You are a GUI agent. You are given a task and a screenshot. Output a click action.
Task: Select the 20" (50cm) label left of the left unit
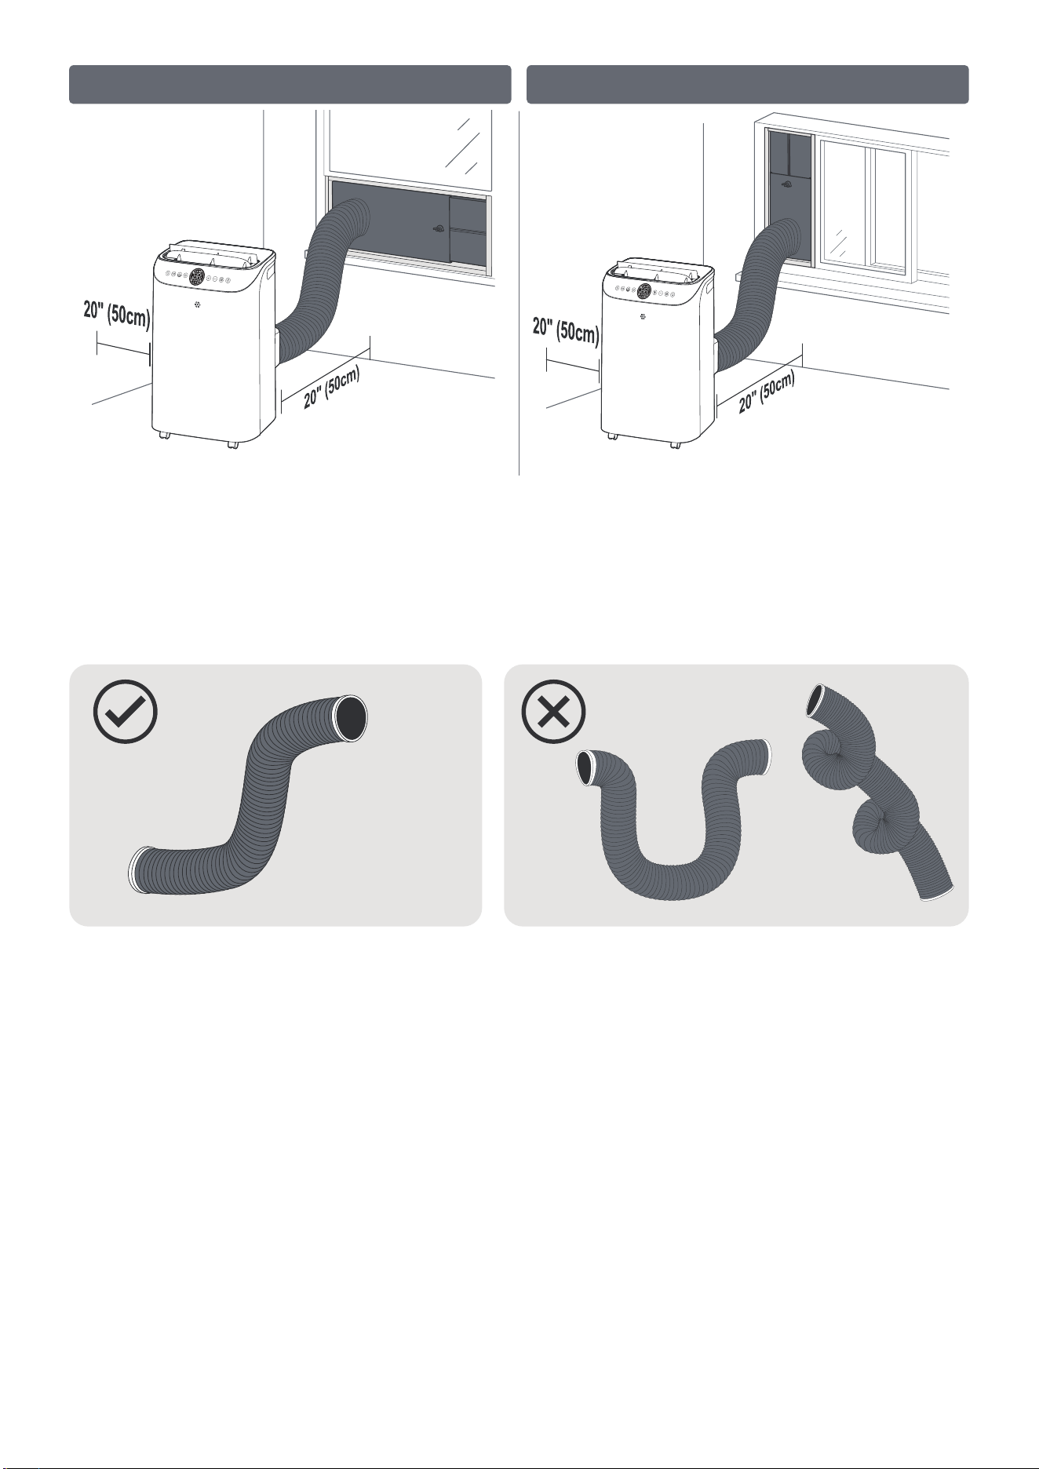(x=116, y=315)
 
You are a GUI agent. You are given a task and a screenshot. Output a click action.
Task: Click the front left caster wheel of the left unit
(x=164, y=436)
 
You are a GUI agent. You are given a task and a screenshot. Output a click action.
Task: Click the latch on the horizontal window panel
(x=438, y=231)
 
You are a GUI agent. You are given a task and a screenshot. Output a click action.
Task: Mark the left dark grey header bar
(x=290, y=85)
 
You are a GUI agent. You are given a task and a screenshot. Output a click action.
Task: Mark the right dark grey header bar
(x=747, y=85)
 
